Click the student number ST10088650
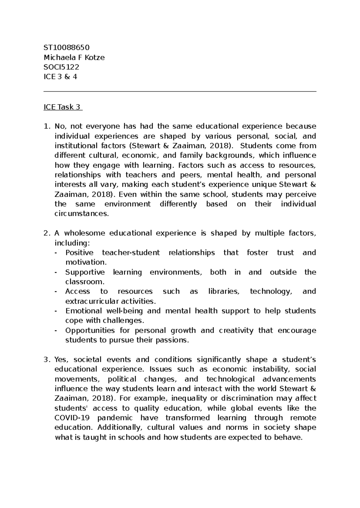pos(67,48)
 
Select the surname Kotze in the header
pos(95,58)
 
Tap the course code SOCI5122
pos(61,67)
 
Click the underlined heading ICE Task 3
pos(62,107)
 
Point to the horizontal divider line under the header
pos(180,92)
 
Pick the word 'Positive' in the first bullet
pos(79,253)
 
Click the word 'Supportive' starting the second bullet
pos(85,272)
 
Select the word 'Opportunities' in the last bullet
pos(90,330)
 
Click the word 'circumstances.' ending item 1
pos(82,214)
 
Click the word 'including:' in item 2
pos(72,243)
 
